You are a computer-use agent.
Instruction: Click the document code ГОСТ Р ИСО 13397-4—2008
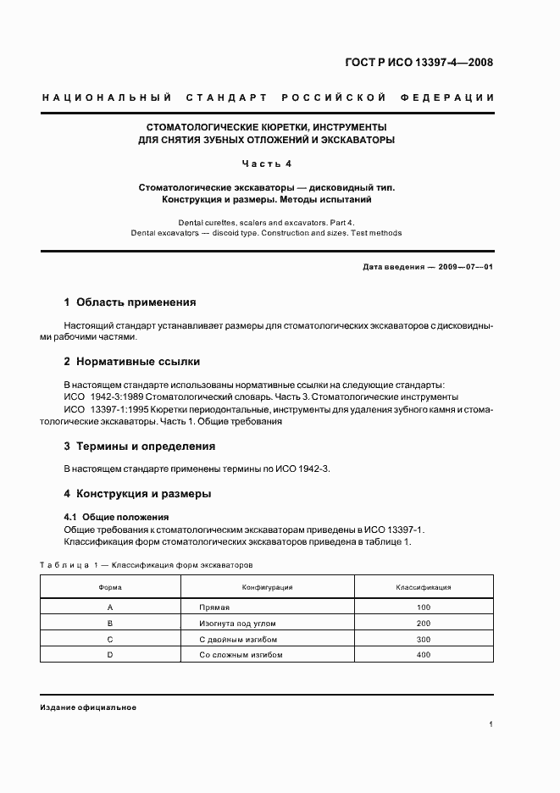[x=419, y=63]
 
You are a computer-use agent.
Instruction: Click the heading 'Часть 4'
[x=267, y=163]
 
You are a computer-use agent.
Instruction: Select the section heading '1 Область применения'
[x=130, y=302]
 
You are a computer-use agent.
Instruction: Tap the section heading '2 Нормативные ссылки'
[x=132, y=361]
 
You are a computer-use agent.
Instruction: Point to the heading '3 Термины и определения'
[x=140, y=446]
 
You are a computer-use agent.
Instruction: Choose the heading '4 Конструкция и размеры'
[x=138, y=493]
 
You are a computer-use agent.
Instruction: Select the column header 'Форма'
[x=110, y=587]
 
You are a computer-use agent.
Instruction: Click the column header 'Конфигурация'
[x=268, y=587]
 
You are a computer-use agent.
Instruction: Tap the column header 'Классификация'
[x=424, y=587]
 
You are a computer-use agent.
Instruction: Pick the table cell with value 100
[x=424, y=607]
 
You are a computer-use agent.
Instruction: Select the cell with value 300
[x=424, y=640]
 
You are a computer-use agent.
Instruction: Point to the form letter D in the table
[x=110, y=655]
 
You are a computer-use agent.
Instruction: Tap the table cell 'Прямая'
[x=214, y=607]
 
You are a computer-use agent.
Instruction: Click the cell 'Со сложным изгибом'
[x=241, y=655]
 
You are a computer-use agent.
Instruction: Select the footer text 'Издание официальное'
[x=88, y=707]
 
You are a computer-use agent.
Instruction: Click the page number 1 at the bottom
[x=491, y=724]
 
